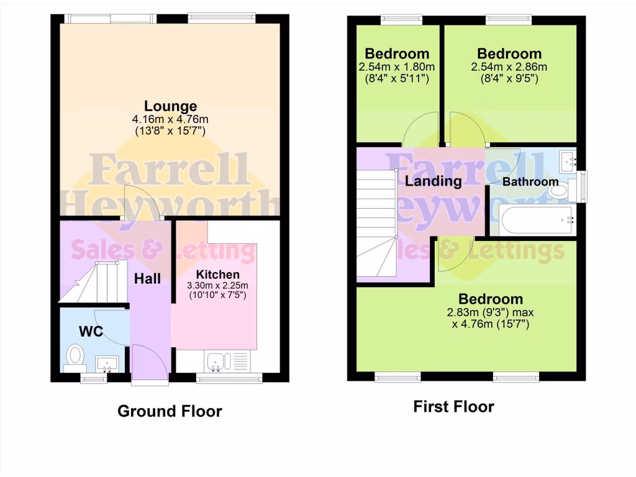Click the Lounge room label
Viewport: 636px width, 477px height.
pos(171,106)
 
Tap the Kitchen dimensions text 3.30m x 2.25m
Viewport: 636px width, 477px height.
pos(218,286)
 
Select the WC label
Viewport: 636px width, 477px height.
pos(91,330)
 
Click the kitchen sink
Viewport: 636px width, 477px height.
pos(218,361)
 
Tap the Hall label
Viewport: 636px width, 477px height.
pos(147,278)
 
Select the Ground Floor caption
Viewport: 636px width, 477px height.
pos(170,411)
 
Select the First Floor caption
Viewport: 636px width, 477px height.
pos(453,407)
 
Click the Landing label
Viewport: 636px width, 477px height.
pos(433,181)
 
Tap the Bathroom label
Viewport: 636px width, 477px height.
pos(530,182)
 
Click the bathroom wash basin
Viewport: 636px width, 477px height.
pos(568,162)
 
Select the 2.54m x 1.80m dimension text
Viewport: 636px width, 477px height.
pos(396,67)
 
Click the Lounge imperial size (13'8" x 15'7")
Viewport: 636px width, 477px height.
pos(171,130)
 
